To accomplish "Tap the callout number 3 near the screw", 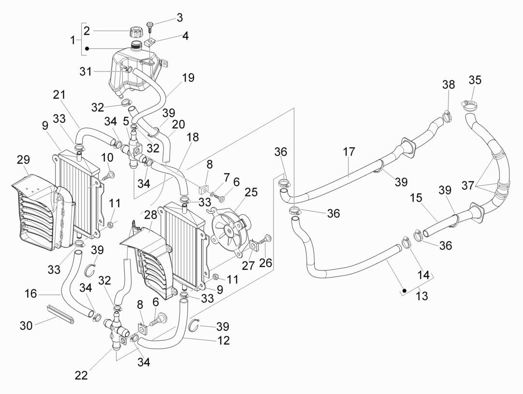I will coord(179,18).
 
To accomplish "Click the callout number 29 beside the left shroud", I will coord(23,159).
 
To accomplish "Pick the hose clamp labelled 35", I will coord(468,103).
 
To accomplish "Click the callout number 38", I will coord(448,85).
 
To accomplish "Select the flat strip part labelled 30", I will coord(60,314).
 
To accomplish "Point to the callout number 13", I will coord(422,296).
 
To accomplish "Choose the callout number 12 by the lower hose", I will coord(223,340).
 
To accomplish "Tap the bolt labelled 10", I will coord(110,175).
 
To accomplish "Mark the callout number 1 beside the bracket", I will coord(73,40).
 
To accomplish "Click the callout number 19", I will coord(188,78).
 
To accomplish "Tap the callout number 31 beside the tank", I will coord(86,72).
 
